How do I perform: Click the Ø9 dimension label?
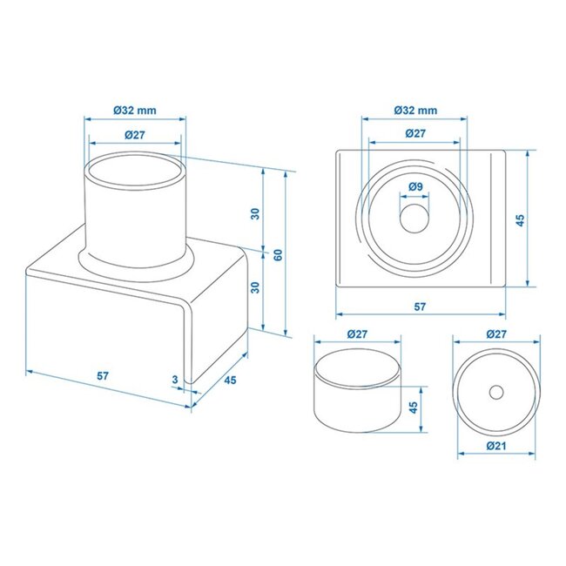pyautogui.click(x=415, y=187)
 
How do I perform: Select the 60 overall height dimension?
pyautogui.click(x=278, y=254)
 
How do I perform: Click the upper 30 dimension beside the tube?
pyautogui.click(x=255, y=213)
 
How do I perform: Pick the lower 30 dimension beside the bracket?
pyautogui.click(x=255, y=287)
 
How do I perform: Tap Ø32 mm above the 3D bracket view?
pyautogui.click(x=135, y=110)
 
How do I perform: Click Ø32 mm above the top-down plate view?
pyautogui.click(x=415, y=110)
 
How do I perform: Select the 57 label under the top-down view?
pyautogui.click(x=419, y=307)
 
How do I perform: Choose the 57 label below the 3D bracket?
pyautogui.click(x=102, y=376)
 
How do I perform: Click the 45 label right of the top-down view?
pyautogui.click(x=521, y=221)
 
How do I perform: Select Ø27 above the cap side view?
pyautogui.click(x=358, y=334)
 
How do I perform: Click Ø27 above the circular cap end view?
pyautogui.click(x=495, y=334)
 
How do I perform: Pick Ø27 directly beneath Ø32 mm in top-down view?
pyautogui.click(x=415, y=133)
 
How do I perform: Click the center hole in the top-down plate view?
pyautogui.click(x=414, y=219)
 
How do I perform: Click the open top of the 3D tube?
pyautogui.click(x=135, y=167)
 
